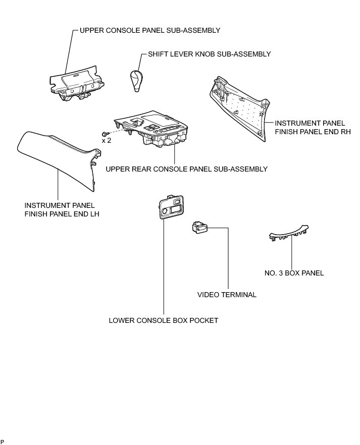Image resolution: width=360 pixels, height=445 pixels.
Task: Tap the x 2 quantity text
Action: (107, 140)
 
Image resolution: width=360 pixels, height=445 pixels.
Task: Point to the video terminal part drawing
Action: (200, 228)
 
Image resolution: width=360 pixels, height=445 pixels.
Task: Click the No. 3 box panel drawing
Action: (288, 233)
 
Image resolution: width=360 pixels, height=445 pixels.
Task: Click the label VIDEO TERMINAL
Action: (227, 295)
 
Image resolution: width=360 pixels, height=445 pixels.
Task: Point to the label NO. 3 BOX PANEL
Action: (294, 273)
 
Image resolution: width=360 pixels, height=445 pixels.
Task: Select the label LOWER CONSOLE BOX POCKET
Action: (164, 320)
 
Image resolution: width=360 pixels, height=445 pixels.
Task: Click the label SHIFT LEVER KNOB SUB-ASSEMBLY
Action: (210, 54)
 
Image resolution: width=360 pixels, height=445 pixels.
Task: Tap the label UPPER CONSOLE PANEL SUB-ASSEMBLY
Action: (150, 30)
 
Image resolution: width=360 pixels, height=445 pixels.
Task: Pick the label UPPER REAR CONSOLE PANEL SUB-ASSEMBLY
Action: (187, 169)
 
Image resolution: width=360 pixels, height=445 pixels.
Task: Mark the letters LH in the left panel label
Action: (94, 214)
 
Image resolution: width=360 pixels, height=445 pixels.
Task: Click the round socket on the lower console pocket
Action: (164, 211)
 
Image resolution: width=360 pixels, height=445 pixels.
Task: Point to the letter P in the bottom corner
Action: (2, 441)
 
